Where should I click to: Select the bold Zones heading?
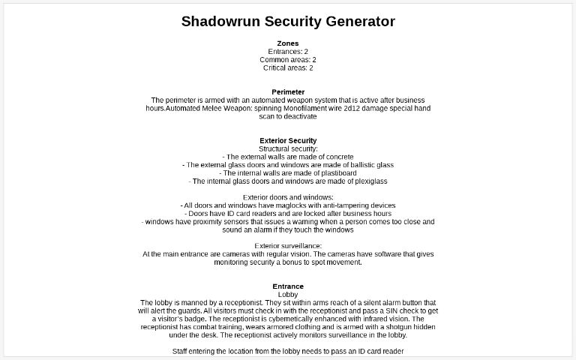click(x=288, y=43)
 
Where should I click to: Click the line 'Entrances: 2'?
click(x=288, y=52)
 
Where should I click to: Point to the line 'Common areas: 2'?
click(x=288, y=60)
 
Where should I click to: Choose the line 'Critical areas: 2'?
click(x=288, y=68)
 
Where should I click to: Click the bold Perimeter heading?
click(x=288, y=92)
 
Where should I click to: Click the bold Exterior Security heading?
click(x=288, y=141)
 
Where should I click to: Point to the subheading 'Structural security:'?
click(x=288, y=149)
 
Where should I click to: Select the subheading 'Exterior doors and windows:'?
click(x=288, y=197)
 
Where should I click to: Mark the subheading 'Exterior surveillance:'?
click(x=288, y=246)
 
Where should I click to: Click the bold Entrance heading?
click(x=288, y=286)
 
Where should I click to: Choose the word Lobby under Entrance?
click(x=288, y=295)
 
